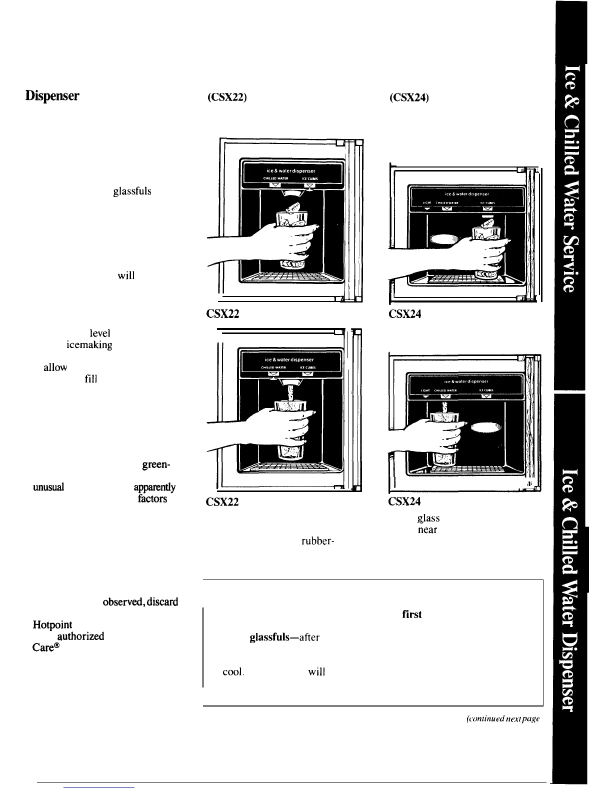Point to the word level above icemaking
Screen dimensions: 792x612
(x=100, y=333)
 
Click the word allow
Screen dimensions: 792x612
(x=55, y=367)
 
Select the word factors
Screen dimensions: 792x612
(x=152, y=499)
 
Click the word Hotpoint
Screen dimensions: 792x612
(x=52, y=625)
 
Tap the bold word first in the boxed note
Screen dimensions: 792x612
(x=411, y=614)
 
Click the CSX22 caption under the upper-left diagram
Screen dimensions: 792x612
(x=222, y=314)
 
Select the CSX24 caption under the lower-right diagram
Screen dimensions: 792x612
(x=404, y=501)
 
